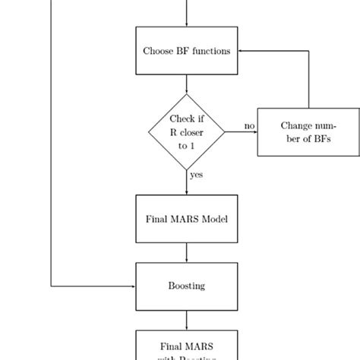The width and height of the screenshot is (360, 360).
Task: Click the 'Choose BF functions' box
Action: point(186,51)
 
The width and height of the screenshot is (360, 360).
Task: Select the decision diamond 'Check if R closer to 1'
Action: point(186,132)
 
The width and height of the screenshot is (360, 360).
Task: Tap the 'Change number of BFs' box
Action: point(308,132)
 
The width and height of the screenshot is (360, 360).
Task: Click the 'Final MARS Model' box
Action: point(186,219)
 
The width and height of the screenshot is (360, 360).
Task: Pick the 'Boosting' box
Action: point(186,286)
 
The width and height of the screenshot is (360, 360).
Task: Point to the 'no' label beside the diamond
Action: point(248,125)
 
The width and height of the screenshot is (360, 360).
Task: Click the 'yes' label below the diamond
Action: point(196,175)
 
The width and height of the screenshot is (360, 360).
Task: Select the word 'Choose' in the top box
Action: point(158,51)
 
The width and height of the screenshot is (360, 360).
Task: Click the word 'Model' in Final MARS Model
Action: point(213,219)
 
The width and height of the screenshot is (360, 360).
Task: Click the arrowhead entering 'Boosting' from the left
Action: point(132,286)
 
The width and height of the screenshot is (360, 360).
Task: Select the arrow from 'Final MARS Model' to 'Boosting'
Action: point(186,253)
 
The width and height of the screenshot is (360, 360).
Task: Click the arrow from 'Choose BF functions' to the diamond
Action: point(186,84)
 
